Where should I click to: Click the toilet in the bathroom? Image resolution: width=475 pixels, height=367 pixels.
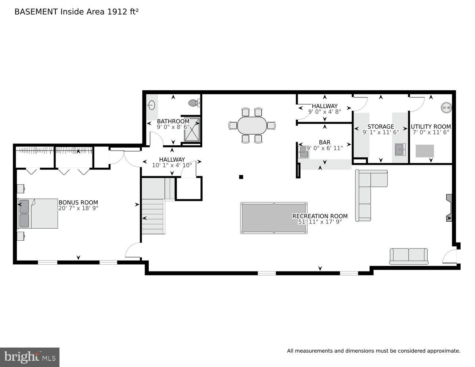click(193, 103)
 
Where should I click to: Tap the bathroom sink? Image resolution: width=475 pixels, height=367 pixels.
click(151, 106)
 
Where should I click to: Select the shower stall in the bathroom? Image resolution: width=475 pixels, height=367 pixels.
click(192, 129)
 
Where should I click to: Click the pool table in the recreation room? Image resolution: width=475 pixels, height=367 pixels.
click(274, 218)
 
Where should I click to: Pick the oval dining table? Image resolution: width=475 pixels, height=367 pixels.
click(252, 126)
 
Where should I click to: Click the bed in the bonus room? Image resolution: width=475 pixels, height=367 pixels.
click(38, 214)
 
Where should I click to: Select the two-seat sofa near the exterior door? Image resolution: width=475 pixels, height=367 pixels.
click(409, 256)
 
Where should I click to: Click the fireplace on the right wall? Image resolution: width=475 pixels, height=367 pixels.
click(449, 208)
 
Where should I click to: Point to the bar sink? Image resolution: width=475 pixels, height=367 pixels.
click(304, 152)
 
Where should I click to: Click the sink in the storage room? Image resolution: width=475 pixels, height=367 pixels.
click(400, 150)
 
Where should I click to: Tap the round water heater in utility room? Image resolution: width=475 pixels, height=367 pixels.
click(446, 108)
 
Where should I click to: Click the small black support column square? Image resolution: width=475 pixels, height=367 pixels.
click(241, 177)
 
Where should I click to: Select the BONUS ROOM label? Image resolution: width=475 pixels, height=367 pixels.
click(78, 202)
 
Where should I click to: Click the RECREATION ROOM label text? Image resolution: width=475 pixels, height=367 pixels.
click(320, 216)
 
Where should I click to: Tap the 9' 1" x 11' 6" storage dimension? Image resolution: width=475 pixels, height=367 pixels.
click(381, 132)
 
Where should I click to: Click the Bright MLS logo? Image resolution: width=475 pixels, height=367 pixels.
click(30, 357)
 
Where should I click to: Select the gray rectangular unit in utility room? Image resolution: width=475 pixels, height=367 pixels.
click(424, 151)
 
